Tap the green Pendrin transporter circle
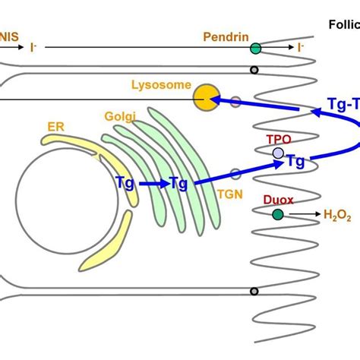[x=256, y=49]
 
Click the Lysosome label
[x=160, y=86]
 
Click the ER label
[x=55, y=127]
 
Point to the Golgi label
[x=121, y=117]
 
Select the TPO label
[x=278, y=140]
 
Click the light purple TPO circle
[x=278, y=153]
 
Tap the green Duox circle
[x=278, y=215]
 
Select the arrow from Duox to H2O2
[x=304, y=215]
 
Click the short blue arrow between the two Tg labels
[x=154, y=183]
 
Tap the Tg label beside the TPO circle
[x=296, y=160]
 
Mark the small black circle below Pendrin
[x=256, y=70]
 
